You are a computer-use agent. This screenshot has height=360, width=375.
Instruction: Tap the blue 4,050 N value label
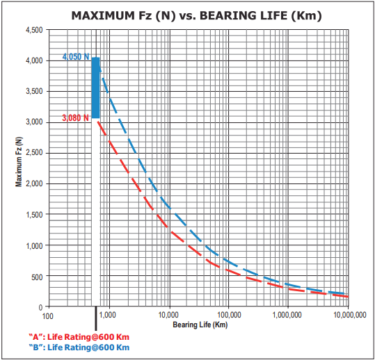click(x=76, y=57)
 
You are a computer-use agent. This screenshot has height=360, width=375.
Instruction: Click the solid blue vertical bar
click(x=96, y=88)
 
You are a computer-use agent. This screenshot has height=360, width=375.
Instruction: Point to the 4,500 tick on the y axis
click(x=33, y=31)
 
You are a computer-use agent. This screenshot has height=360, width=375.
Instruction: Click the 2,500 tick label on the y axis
click(x=33, y=153)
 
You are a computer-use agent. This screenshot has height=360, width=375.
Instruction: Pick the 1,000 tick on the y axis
click(x=33, y=245)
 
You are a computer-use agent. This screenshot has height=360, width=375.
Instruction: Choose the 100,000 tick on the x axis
click(x=229, y=315)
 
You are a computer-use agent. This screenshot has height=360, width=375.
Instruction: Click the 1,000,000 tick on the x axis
click(x=287, y=315)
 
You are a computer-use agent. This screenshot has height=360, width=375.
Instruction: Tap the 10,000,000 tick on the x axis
click(x=346, y=315)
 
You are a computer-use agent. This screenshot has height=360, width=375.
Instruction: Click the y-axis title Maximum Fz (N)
click(x=19, y=163)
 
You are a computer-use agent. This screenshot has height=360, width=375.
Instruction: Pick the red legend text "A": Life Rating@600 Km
click(x=79, y=337)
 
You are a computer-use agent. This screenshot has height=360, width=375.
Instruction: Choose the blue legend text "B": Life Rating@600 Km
click(x=79, y=347)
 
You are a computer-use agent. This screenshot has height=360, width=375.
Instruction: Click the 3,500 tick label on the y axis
click(x=33, y=92)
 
